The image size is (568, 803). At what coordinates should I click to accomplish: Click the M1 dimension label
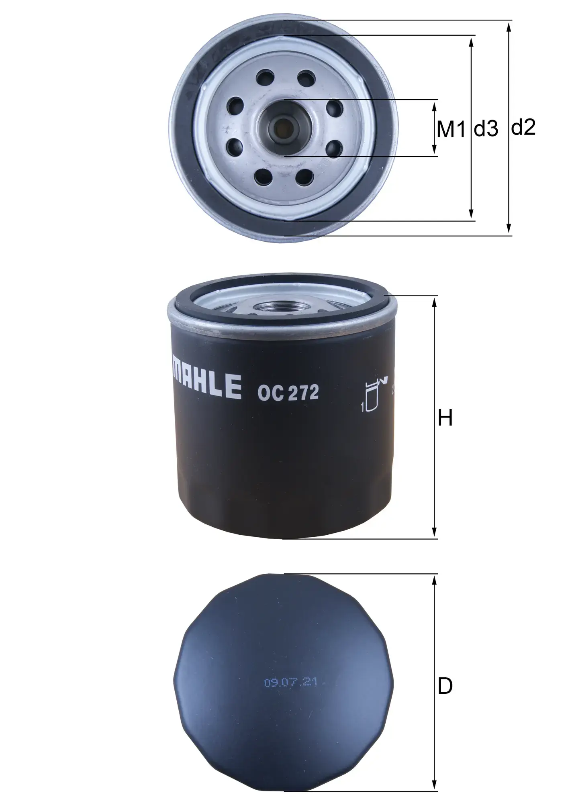click(451, 129)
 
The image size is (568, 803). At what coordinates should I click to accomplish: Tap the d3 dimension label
click(486, 129)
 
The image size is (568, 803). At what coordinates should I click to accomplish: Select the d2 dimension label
click(523, 128)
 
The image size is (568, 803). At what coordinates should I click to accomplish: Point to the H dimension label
click(445, 418)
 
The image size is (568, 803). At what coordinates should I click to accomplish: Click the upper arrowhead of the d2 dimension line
click(509, 26)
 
